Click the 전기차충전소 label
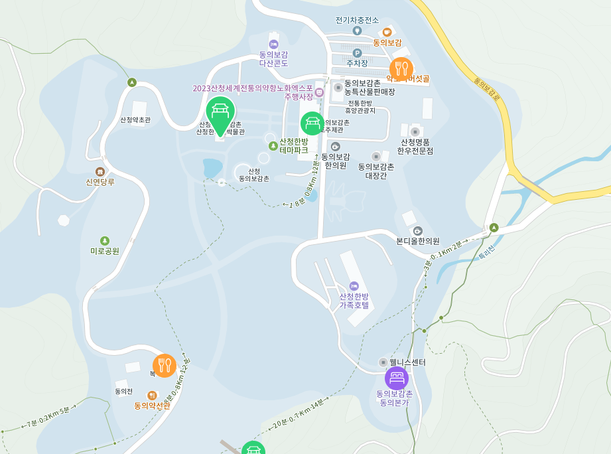pyautogui.click(x=357, y=20)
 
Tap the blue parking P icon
pyautogui.click(x=357, y=52)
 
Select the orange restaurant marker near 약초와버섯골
pyautogui.click(x=401, y=68)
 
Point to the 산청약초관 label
pyautogui.click(x=135, y=120)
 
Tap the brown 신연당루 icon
pyautogui.click(x=100, y=172)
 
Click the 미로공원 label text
pyautogui.click(x=105, y=251)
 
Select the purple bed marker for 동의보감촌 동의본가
pyautogui.click(x=397, y=378)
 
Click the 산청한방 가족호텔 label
pyautogui.click(x=354, y=301)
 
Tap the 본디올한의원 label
pyautogui.click(x=418, y=241)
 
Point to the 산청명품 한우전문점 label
pyautogui.click(x=415, y=146)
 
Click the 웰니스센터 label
pyautogui.click(x=407, y=362)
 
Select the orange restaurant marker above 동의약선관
pyautogui.click(x=165, y=365)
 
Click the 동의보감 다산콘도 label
pyautogui.click(x=273, y=58)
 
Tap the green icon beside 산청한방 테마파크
pyautogui.click(x=273, y=146)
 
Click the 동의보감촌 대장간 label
pyautogui.click(x=376, y=171)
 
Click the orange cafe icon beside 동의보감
pyautogui.click(x=387, y=31)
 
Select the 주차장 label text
pyautogui.click(x=357, y=63)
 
